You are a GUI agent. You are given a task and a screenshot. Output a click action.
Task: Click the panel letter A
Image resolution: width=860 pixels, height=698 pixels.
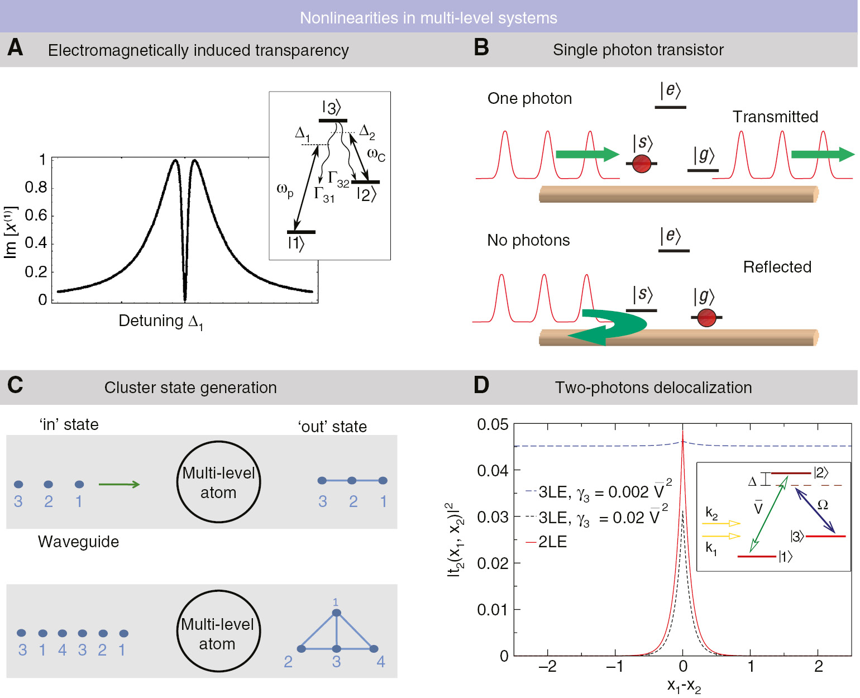point(15,47)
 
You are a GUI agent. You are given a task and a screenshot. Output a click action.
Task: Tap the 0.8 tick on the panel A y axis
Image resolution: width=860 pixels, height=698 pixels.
point(36,188)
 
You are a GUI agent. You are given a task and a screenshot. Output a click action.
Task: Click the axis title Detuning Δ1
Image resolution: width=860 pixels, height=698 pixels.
point(161,322)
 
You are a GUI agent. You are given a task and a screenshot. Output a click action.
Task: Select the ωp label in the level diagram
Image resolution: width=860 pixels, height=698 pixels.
point(285,190)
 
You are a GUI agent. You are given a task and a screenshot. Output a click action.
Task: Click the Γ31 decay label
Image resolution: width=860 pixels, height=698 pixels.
point(324,194)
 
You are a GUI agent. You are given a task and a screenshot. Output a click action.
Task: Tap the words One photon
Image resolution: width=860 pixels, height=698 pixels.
point(529,99)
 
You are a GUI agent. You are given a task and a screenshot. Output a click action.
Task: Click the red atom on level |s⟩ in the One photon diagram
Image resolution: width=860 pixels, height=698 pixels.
point(642,164)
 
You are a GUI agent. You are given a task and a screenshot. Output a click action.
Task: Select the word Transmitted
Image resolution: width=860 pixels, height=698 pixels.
point(775,117)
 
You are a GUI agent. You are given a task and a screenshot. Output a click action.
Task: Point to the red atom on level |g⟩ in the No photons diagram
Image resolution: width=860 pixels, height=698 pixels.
point(706,317)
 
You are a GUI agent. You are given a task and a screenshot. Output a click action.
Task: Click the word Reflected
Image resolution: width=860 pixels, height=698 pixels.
point(777,267)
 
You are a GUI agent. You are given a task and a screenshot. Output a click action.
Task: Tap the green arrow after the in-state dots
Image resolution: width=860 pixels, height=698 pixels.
point(119,484)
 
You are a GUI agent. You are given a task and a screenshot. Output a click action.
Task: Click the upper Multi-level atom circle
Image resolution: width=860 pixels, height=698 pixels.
point(218,482)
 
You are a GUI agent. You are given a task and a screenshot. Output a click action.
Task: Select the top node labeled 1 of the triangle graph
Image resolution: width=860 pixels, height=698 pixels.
point(336,613)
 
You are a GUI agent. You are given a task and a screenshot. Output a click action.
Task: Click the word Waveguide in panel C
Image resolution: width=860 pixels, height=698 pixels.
point(78,542)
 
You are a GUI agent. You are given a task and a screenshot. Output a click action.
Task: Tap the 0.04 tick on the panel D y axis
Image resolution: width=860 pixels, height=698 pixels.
point(493,471)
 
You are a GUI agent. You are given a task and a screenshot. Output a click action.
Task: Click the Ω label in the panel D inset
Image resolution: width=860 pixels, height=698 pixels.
point(823,505)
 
